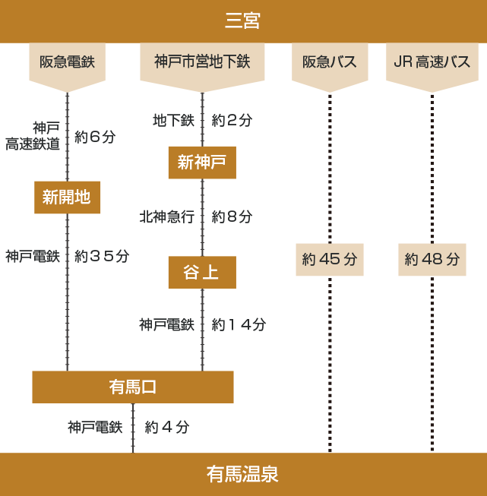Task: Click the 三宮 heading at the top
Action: (243, 21)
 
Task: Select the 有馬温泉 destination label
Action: (243, 475)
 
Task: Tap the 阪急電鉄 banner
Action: (67, 62)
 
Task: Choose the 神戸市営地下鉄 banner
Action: (202, 62)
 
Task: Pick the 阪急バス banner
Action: (330, 62)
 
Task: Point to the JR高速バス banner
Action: (432, 62)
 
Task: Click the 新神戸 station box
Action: (201, 163)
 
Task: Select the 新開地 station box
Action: (67, 197)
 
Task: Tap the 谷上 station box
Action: (201, 273)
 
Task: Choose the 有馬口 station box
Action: (132, 387)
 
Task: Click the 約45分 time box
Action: (329, 259)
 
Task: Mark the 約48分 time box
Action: (432, 259)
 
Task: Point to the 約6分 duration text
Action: (96, 137)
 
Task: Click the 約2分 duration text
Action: (232, 120)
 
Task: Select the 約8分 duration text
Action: (232, 216)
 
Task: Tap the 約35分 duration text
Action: (102, 256)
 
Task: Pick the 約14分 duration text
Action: (239, 324)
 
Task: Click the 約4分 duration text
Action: (167, 427)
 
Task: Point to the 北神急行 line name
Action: (166, 216)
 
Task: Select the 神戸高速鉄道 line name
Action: (33, 135)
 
